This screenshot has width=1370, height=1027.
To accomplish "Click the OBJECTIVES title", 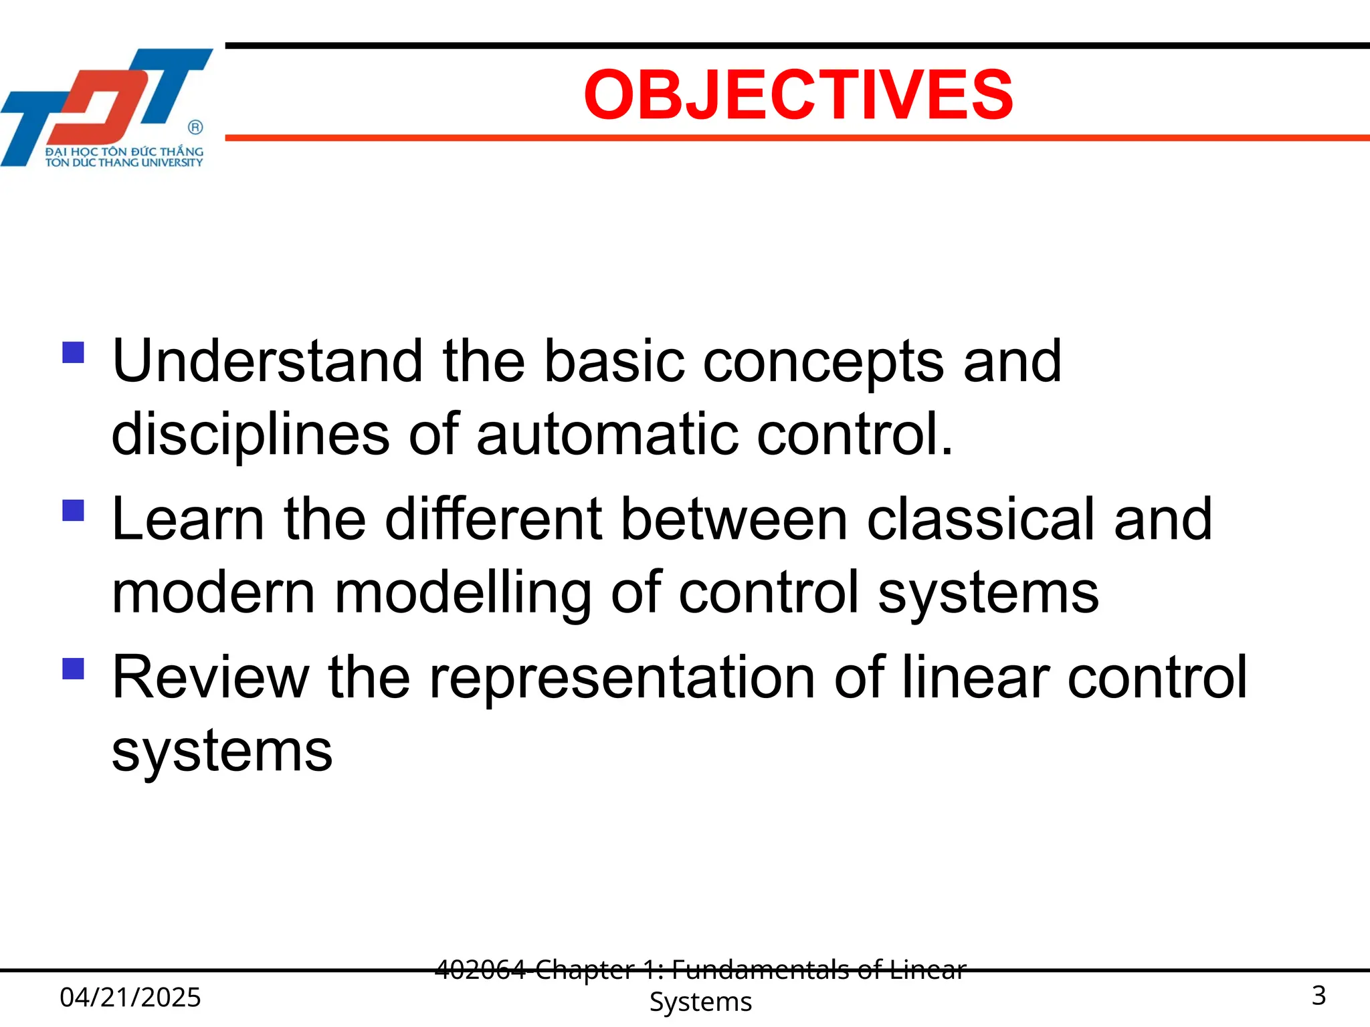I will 798,95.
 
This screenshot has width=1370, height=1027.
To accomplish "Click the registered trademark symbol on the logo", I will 195,127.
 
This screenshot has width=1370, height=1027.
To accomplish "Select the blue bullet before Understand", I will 73,352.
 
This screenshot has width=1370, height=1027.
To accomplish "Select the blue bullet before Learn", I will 73,511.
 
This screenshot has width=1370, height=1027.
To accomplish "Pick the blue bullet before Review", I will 73,669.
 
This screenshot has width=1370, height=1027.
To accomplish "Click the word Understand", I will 267,361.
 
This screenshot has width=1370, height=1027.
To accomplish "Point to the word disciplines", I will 250,435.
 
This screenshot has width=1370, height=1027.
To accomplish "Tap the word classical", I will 981,520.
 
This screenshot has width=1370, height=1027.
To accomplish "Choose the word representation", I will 622,678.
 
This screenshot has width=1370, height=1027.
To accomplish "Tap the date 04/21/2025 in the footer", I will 130,997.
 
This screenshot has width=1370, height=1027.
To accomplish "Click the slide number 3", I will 1318,996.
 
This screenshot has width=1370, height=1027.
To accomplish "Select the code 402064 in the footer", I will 480,969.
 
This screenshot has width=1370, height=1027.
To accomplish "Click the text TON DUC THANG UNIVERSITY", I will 124,162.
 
